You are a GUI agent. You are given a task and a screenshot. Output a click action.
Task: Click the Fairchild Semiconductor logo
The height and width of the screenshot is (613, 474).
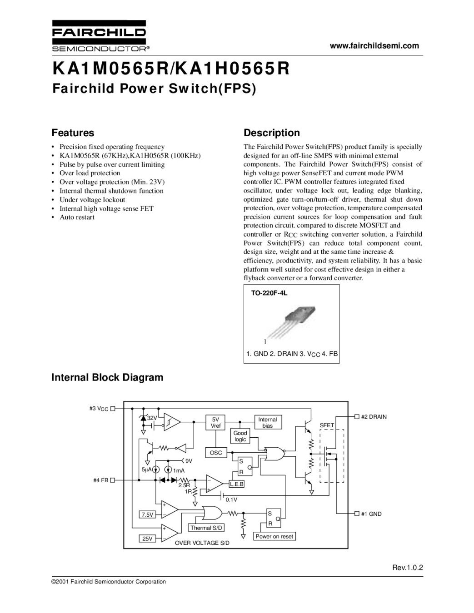(99, 36)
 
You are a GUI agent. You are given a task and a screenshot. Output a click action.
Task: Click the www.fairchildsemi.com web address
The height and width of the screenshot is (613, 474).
(374, 45)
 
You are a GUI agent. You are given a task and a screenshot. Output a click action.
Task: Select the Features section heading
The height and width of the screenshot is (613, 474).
(73, 133)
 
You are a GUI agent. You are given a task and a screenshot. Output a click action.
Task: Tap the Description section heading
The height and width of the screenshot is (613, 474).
(272, 133)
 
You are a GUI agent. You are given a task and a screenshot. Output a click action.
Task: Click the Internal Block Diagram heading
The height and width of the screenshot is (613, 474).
(107, 377)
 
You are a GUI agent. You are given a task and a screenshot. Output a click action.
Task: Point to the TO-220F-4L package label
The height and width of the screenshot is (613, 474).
(269, 293)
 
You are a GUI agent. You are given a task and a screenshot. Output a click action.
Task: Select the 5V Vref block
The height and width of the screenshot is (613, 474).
(215, 422)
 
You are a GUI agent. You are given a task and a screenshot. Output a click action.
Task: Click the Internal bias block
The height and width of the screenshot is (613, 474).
(267, 422)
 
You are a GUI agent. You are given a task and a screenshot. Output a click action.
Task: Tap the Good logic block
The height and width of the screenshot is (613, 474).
(240, 436)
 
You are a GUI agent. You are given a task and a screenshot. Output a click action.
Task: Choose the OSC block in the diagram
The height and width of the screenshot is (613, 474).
(215, 453)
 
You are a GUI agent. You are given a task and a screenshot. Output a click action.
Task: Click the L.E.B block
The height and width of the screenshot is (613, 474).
(237, 484)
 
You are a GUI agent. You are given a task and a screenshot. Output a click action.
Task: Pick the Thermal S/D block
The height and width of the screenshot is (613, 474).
(207, 528)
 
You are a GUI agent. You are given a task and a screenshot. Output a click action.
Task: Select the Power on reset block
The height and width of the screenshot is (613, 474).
(274, 536)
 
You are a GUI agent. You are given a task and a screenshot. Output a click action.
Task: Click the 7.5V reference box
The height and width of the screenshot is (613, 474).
(147, 514)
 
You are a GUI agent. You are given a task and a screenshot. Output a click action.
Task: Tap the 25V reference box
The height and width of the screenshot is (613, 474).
(147, 539)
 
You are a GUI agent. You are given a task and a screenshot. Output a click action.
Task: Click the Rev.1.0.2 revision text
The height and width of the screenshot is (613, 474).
(407, 568)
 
